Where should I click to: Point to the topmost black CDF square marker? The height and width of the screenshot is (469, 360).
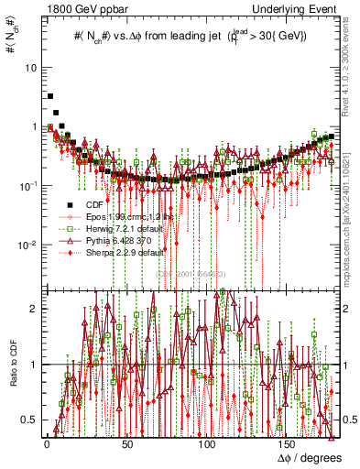(50, 95)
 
